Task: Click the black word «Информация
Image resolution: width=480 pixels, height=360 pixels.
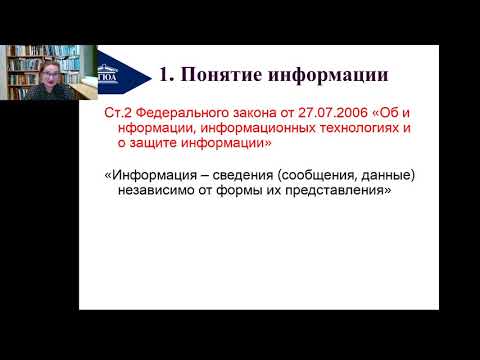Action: pos(147,175)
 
